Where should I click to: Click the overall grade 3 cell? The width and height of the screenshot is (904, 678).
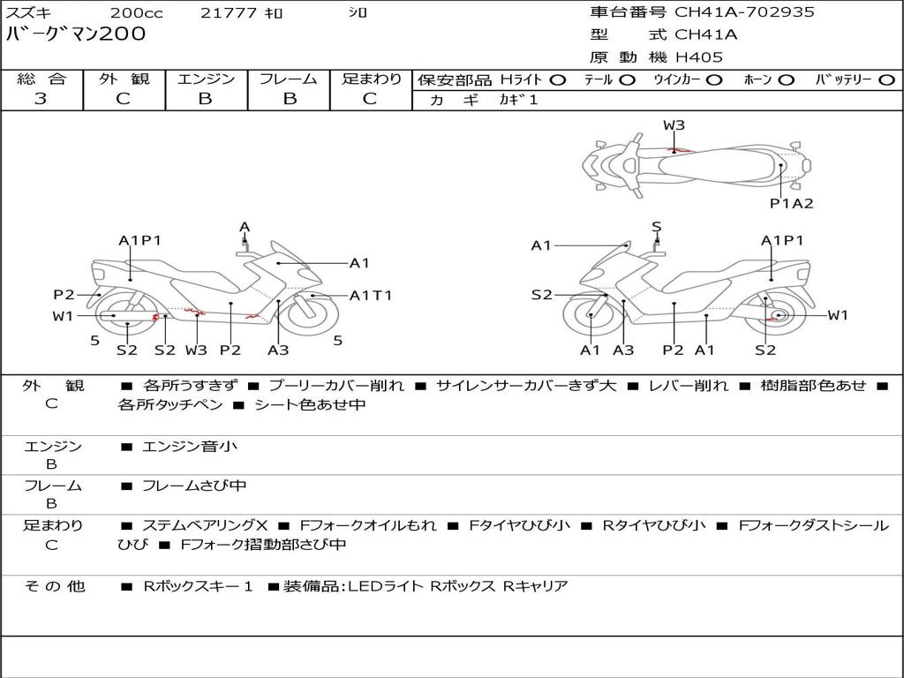(x=41, y=99)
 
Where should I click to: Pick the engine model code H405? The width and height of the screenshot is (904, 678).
(x=699, y=57)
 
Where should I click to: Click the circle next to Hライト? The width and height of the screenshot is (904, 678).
(x=557, y=79)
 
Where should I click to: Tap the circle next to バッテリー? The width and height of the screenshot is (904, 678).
(x=886, y=79)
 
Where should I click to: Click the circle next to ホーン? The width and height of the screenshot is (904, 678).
(x=787, y=79)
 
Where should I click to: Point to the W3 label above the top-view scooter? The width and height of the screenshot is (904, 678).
(x=674, y=125)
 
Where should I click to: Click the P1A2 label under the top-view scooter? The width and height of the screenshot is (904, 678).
(x=791, y=203)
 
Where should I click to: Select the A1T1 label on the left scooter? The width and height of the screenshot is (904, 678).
(x=371, y=296)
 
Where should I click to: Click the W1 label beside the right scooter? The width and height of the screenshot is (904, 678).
(x=837, y=315)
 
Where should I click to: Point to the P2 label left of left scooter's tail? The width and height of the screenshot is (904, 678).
(x=64, y=295)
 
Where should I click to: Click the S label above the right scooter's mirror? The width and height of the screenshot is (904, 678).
(x=657, y=228)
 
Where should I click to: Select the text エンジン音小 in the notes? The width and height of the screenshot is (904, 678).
(x=190, y=447)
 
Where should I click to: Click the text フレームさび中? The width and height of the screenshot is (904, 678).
(x=194, y=486)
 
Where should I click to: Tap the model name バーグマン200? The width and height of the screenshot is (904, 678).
(x=77, y=34)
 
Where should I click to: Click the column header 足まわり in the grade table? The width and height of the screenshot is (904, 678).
(x=372, y=79)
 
